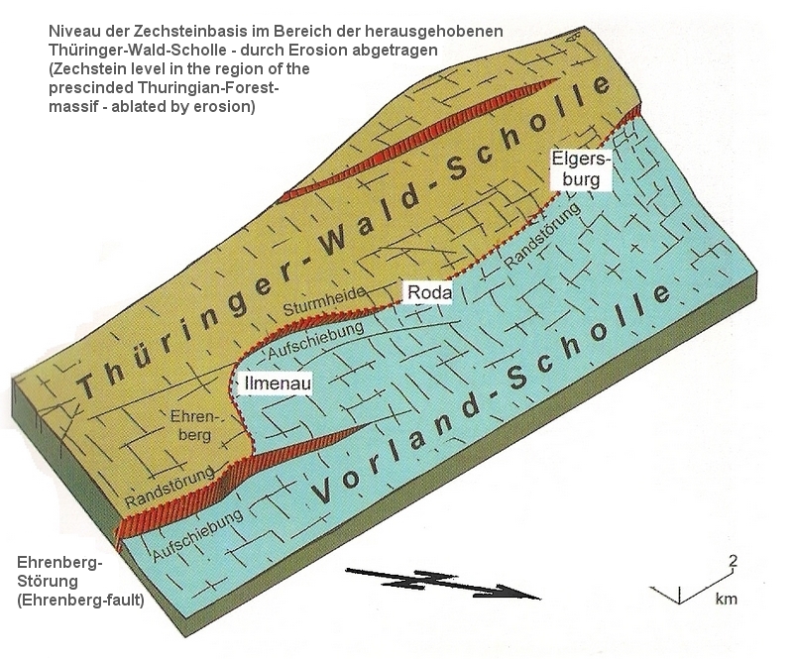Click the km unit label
point(726,600)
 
